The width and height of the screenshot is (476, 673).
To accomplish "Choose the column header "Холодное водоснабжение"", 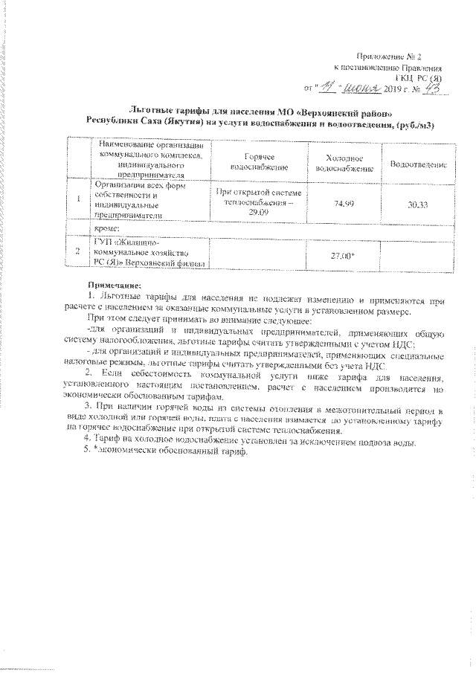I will pyautogui.click(x=338, y=164).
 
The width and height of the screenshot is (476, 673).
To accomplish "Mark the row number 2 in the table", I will pyautogui.click(x=78, y=252).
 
